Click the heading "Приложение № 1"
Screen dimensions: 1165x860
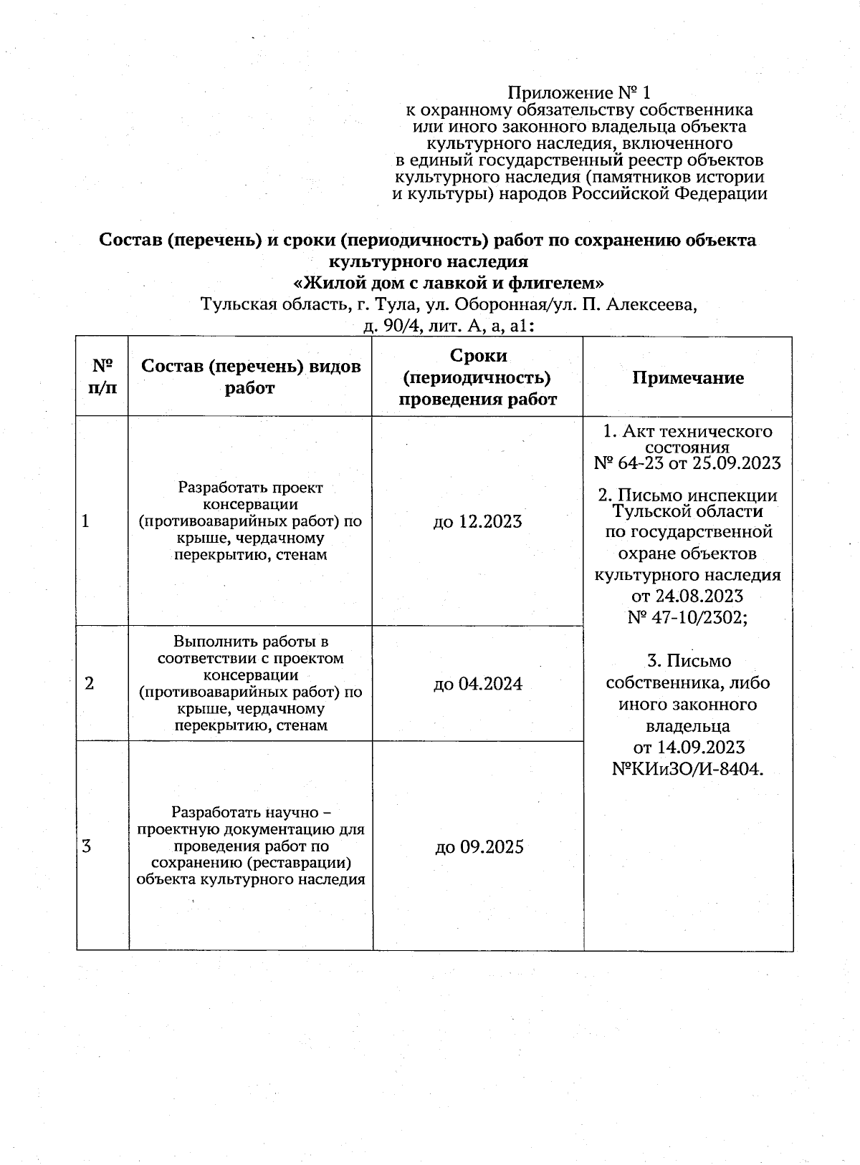pyautogui.click(x=579, y=93)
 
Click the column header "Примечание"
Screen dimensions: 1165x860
pyautogui.click(x=687, y=378)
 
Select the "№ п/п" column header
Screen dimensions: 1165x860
pyautogui.click(x=103, y=377)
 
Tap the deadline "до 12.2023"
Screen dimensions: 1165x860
pyautogui.click(x=477, y=522)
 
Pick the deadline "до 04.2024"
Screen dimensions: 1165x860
pyautogui.click(x=478, y=684)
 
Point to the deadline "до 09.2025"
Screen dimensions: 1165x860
pyautogui.click(x=479, y=848)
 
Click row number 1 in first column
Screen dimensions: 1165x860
pyautogui.click(x=86, y=521)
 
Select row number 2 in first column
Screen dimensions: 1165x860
pyautogui.click(x=89, y=684)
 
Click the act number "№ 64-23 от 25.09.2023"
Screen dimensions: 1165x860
pyautogui.click(x=687, y=463)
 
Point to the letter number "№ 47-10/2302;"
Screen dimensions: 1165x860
pyautogui.click(x=687, y=617)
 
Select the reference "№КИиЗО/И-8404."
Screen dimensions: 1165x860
pyautogui.click(x=687, y=769)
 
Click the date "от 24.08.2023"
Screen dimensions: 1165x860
pyautogui.click(x=687, y=596)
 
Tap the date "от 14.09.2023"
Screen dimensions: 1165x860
pyautogui.click(x=689, y=748)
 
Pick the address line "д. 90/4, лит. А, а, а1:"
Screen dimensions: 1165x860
pyautogui.click(x=449, y=327)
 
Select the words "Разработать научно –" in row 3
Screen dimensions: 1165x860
pyautogui.click(x=251, y=813)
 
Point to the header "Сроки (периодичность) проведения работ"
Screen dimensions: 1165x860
pyautogui.click(x=477, y=377)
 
